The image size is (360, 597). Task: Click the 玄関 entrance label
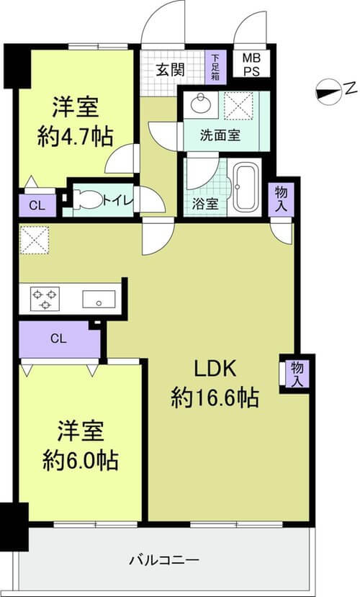tap(171, 70)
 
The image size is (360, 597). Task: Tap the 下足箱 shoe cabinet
tap(216, 68)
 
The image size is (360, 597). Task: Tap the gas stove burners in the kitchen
tap(45, 298)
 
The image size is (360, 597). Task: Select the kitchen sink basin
tap(99, 300)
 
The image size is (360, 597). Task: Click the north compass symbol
tap(328, 92)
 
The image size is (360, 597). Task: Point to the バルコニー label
tap(164, 560)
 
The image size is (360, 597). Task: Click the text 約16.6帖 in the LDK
tap(215, 398)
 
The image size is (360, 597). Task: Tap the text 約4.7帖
tap(76, 136)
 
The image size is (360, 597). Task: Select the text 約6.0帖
tap(81, 460)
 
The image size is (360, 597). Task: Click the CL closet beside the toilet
tap(37, 205)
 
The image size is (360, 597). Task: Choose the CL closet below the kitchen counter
tap(59, 339)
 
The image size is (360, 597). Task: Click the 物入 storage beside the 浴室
tap(282, 199)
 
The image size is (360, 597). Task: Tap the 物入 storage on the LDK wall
tap(297, 374)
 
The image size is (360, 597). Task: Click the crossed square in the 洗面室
tap(238, 106)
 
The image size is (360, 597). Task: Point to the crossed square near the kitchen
tap(35, 241)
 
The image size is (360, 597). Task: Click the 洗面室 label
tap(220, 135)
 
